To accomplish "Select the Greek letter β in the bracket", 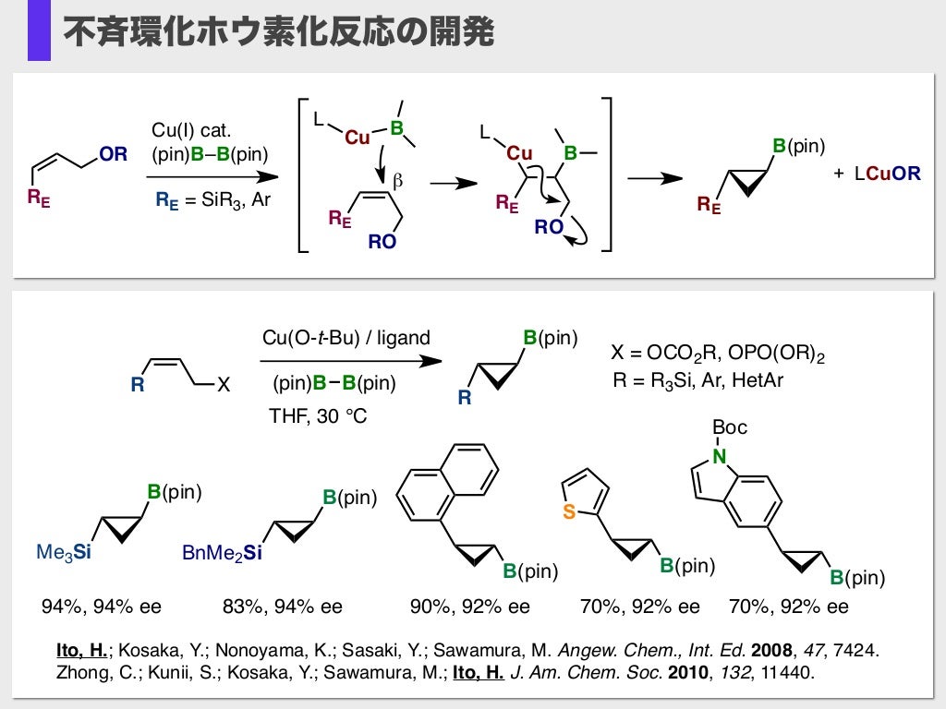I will tap(398, 182).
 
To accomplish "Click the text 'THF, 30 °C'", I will tap(318, 416).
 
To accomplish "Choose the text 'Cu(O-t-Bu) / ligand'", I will tap(346, 338).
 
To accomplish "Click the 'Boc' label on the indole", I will tap(730, 427).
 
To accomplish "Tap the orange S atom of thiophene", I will tap(569, 513).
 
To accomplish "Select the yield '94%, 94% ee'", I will tap(102, 607).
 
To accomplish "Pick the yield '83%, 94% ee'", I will tap(283, 607).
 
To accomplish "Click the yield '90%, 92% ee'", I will tap(470, 607).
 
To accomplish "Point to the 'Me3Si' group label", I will tap(64, 553).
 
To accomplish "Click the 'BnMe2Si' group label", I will tap(222, 553).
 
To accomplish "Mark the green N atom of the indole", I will tap(720, 454).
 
